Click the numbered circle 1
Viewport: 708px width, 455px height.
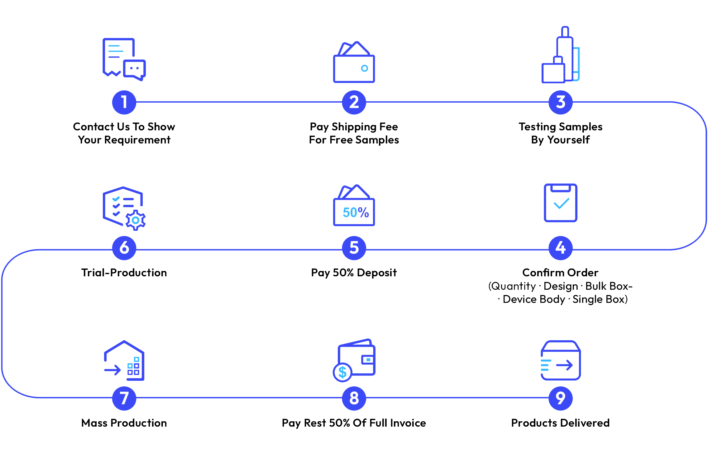[x=124, y=102]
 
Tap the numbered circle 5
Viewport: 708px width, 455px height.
[x=354, y=248]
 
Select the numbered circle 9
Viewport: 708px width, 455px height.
[x=560, y=398]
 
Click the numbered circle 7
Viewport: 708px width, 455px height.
[x=124, y=398]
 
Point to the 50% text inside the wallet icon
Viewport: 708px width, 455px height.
[x=356, y=213]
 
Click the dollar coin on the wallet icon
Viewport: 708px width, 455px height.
[x=342, y=372]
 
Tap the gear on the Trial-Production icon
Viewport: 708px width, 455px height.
[x=136, y=220]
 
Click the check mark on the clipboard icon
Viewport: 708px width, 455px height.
[x=561, y=204]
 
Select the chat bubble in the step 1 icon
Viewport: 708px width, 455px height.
[x=135, y=69]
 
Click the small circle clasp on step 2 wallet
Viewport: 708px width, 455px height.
[x=364, y=68]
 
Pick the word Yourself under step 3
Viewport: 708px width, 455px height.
[x=568, y=140]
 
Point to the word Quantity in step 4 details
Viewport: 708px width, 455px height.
[x=515, y=286]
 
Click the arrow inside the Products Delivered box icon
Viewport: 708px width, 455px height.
[x=564, y=365]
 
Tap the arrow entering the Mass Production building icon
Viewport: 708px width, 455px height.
[x=112, y=370]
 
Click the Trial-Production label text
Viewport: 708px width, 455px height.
[x=124, y=273]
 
